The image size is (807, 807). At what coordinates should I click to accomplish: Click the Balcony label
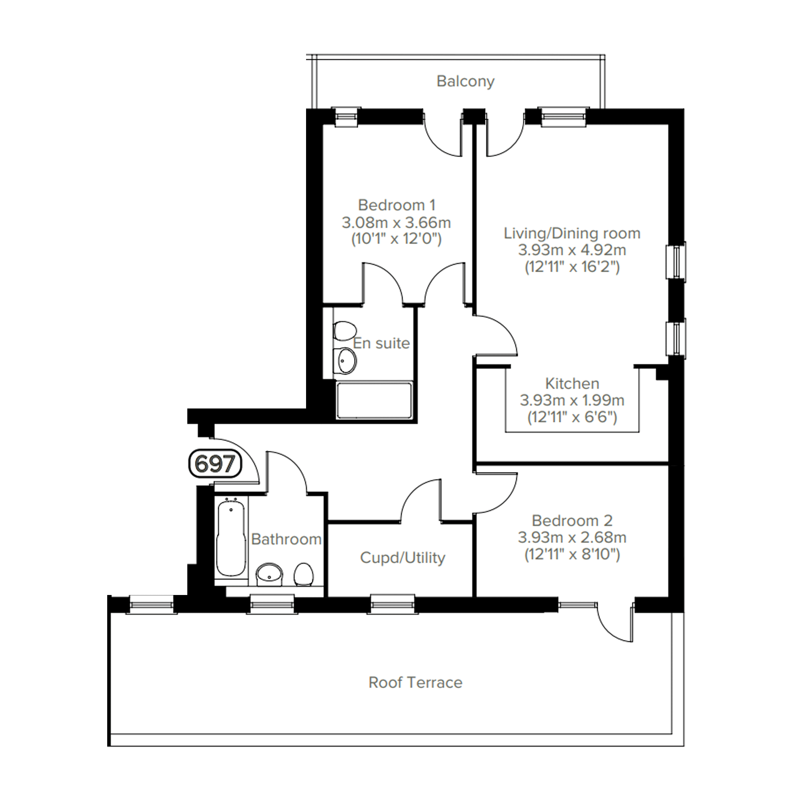(465, 81)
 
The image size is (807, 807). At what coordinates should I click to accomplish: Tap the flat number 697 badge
(215, 463)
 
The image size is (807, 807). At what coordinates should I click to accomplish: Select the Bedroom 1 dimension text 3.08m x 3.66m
(397, 223)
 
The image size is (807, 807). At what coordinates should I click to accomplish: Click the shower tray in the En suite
(374, 400)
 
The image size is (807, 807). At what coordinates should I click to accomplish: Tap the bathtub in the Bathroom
(231, 538)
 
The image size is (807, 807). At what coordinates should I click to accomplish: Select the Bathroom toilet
(304, 575)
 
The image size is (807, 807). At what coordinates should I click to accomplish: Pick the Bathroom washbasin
(269, 574)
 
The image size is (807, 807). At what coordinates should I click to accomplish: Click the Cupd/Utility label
(403, 558)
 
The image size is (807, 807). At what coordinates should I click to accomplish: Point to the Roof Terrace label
(416, 683)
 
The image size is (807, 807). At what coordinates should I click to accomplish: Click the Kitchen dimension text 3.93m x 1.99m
(572, 400)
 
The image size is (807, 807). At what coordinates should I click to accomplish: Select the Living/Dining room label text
(572, 233)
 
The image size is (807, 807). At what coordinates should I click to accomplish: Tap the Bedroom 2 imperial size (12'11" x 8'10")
(572, 554)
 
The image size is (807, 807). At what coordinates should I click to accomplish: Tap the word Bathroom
(287, 539)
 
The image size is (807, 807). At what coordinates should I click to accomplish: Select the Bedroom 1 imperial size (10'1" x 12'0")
(397, 239)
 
